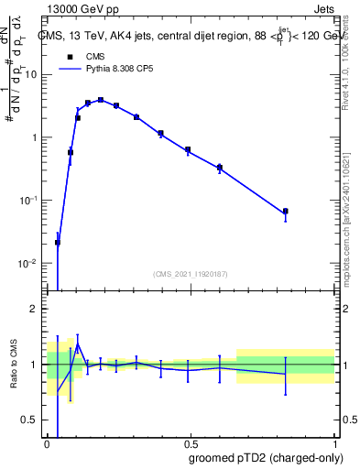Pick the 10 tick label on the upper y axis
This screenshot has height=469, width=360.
(x=32, y=75)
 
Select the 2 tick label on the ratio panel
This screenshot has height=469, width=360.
(x=36, y=309)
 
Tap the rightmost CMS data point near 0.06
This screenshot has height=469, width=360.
(x=285, y=212)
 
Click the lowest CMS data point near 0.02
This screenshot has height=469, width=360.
(x=58, y=243)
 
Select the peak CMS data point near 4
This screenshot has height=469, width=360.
(x=101, y=100)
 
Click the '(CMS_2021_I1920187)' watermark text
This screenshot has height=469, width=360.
(x=189, y=272)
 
